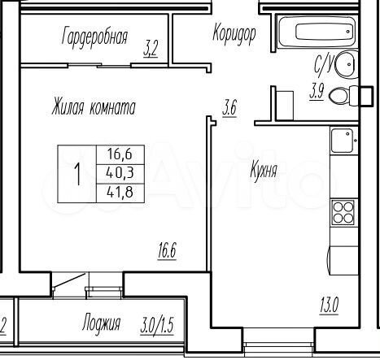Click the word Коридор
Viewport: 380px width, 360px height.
(234, 34)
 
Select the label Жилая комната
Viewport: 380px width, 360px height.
(93, 107)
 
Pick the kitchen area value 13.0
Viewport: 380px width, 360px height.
(329, 306)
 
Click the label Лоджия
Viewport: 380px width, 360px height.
(101, 324)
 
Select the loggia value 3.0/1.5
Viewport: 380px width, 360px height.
(158, 324)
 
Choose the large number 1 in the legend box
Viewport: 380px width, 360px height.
(78, 174)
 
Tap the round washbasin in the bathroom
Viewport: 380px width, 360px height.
(347, 62)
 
